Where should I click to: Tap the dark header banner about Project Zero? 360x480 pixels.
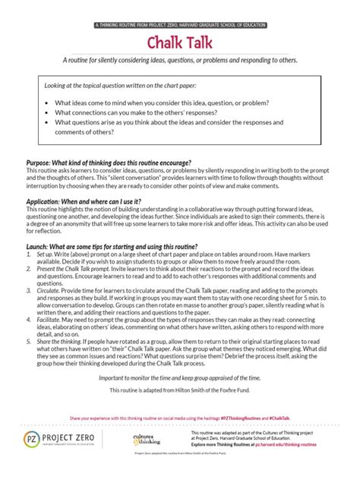180,25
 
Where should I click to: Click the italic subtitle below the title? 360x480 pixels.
180,60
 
